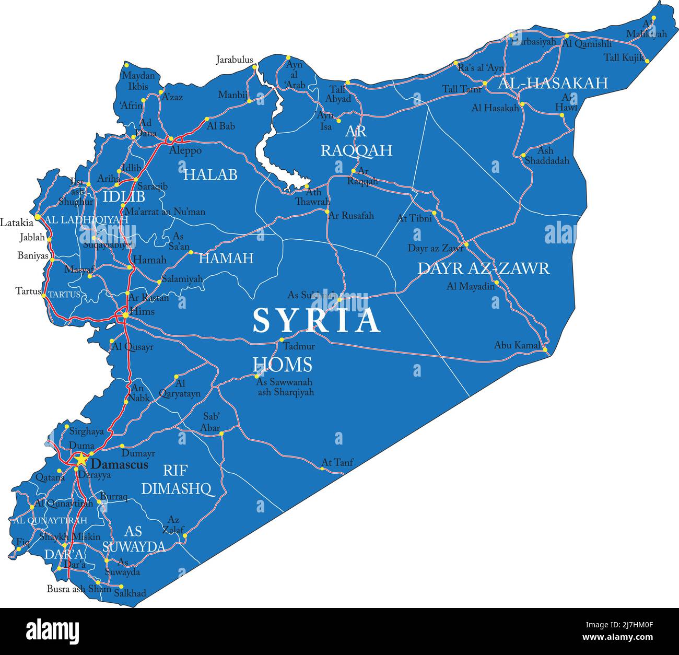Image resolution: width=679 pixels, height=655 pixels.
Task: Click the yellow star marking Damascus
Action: [81, 460]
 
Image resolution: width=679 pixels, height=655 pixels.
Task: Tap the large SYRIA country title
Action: [317, 320]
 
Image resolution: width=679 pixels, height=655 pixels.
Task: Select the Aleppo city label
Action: [185, 150]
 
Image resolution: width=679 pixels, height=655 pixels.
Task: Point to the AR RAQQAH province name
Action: [356, 141]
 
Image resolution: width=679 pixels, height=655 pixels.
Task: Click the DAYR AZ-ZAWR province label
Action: [483, 268]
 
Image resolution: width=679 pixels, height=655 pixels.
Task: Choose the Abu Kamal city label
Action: [517, 345]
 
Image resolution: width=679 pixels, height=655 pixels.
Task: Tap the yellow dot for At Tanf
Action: [322, 469]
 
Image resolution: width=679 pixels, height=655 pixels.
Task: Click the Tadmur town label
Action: [299, 346]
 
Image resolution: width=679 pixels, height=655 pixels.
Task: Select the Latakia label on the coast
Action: [17, 223]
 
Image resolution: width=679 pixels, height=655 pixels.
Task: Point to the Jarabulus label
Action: [235, 60]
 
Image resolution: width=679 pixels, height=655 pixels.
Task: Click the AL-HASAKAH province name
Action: [553, 83]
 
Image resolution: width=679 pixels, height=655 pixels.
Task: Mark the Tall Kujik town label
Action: [624, 58]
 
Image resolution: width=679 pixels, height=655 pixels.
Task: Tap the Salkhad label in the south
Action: [130, 593]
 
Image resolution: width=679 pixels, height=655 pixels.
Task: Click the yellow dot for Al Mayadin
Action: [497, 283]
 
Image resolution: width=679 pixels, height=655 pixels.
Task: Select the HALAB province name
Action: [210, 174]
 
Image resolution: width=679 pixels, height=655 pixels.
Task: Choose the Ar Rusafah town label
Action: [351, 215]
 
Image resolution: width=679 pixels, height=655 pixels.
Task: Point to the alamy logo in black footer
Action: [52, 631]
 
